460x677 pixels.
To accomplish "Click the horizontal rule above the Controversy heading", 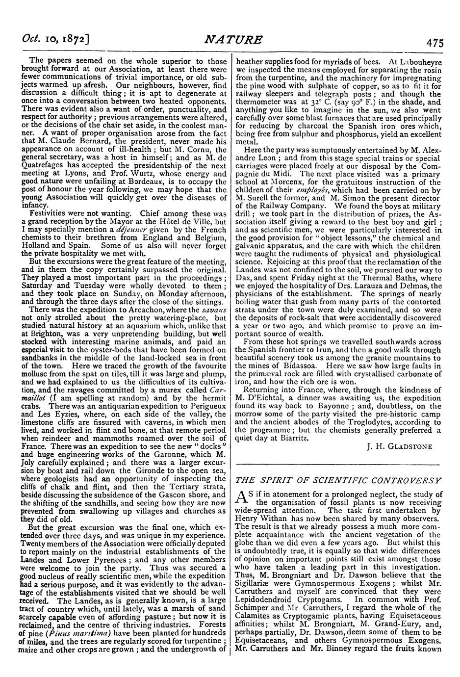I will click(338, 464).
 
